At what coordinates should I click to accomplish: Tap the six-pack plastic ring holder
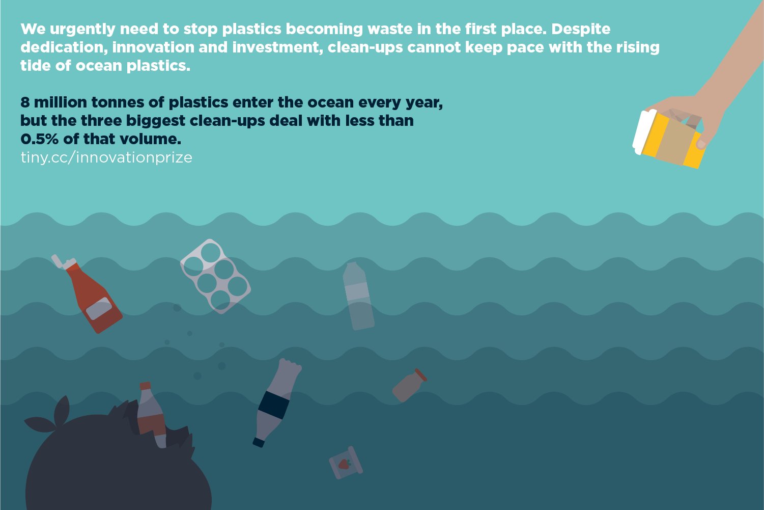click(x=215, y=276)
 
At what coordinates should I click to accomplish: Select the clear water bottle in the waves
click(x=358, y=297)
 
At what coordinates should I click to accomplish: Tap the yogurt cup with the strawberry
click(x=346, y=463)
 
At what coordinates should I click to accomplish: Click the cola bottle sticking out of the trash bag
click(x=151, y=415)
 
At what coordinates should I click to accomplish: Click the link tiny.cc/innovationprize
click(x=106, y=157)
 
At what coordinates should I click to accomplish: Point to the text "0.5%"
click(x=39, y=139)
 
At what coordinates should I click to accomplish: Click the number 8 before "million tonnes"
click(x=25, y=102)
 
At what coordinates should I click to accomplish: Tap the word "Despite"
click(x=581, y=29)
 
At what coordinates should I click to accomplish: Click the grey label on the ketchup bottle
click(x=99, y=307)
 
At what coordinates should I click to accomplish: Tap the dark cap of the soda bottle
click(x=259, y=442)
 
